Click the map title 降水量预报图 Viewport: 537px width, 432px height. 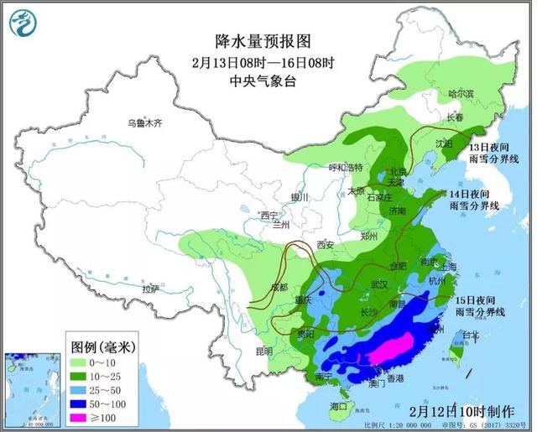252,40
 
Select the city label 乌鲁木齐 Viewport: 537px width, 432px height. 143,123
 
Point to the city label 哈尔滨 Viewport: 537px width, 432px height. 461,93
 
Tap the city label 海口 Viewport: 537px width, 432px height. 339,406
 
